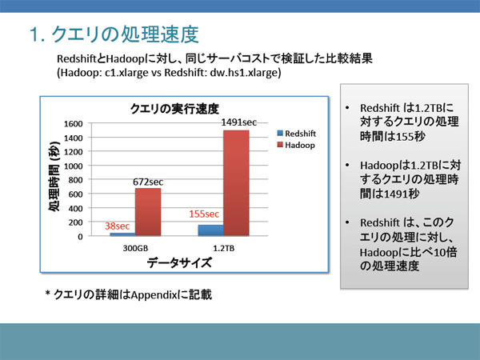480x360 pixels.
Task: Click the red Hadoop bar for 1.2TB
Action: (236, 183)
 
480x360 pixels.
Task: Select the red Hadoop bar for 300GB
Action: (148, 212)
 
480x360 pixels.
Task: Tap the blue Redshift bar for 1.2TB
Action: (211, 230)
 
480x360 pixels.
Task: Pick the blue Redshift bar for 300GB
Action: (122, 234)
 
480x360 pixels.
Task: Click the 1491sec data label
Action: (238, 122)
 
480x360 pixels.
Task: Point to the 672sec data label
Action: (148, 182)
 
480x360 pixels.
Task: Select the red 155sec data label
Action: (204, 214)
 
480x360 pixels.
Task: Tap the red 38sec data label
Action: (118, 226)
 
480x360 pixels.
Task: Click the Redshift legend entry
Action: (296, 134)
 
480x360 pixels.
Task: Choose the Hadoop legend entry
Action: (296, 145)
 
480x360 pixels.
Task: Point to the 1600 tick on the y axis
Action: (74, 124)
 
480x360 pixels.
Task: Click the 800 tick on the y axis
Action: (76, 180)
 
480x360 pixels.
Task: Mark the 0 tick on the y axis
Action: (80, 237)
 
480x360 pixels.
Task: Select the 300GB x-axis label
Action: (135, 248)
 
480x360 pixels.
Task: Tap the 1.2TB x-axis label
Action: (224, 248)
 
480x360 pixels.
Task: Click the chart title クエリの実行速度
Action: (174, 109)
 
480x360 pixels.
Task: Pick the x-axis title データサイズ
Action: (179, 263)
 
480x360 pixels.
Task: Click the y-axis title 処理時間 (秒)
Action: (54, 176)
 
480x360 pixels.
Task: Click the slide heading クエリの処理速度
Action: (125, 34)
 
